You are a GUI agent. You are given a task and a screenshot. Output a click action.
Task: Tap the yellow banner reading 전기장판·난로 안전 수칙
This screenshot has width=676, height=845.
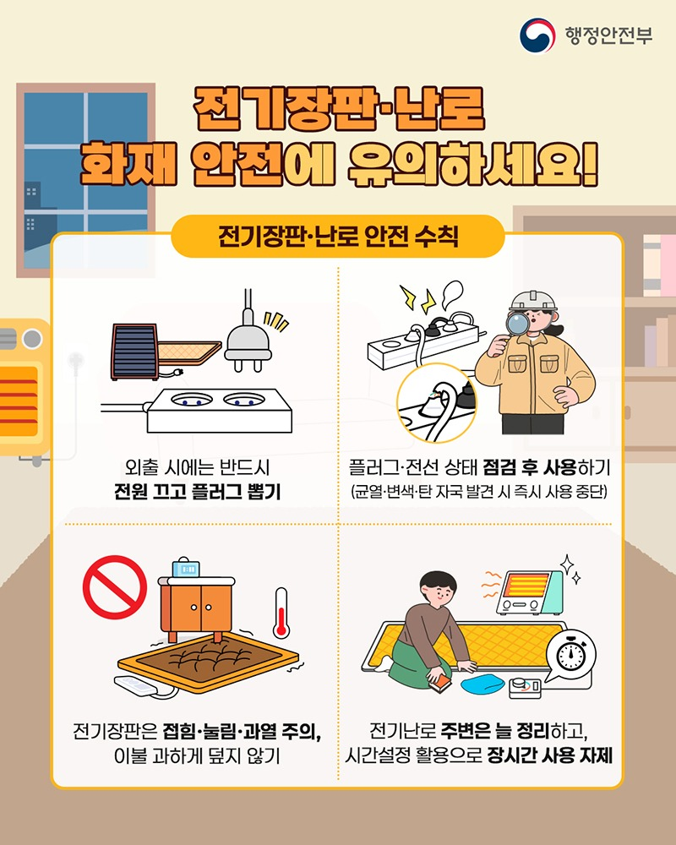338,235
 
